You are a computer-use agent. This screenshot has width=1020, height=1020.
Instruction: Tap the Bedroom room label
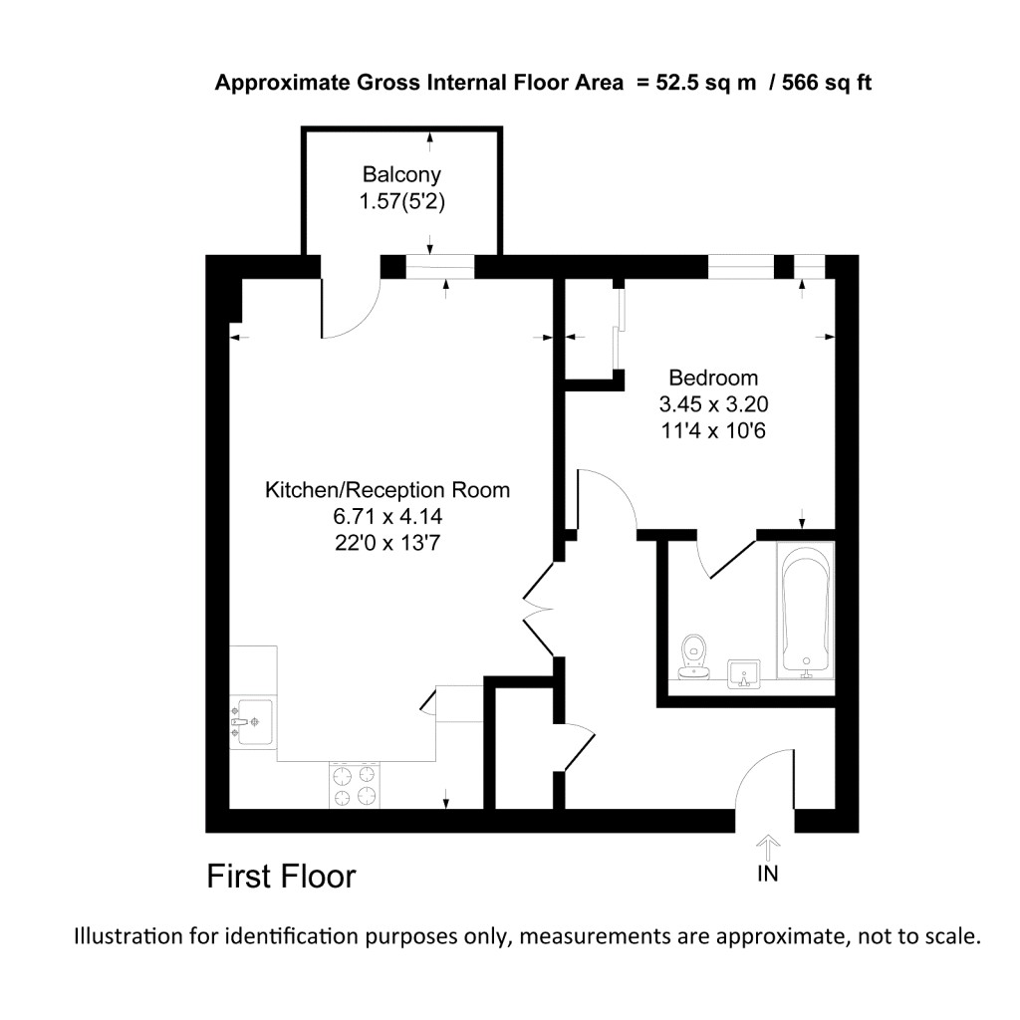713,379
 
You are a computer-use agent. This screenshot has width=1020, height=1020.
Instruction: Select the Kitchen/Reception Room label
386,490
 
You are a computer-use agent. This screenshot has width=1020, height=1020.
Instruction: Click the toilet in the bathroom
693,656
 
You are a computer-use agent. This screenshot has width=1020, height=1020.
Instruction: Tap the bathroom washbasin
743,673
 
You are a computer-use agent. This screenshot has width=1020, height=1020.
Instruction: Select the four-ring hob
355,784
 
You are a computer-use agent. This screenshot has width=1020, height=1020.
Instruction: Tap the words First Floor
281,878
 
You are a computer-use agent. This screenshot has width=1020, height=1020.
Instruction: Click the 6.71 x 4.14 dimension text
386,517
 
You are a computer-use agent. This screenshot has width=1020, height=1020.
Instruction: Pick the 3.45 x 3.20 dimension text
713,405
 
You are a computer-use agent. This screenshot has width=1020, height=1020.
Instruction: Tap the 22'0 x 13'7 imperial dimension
386,543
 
